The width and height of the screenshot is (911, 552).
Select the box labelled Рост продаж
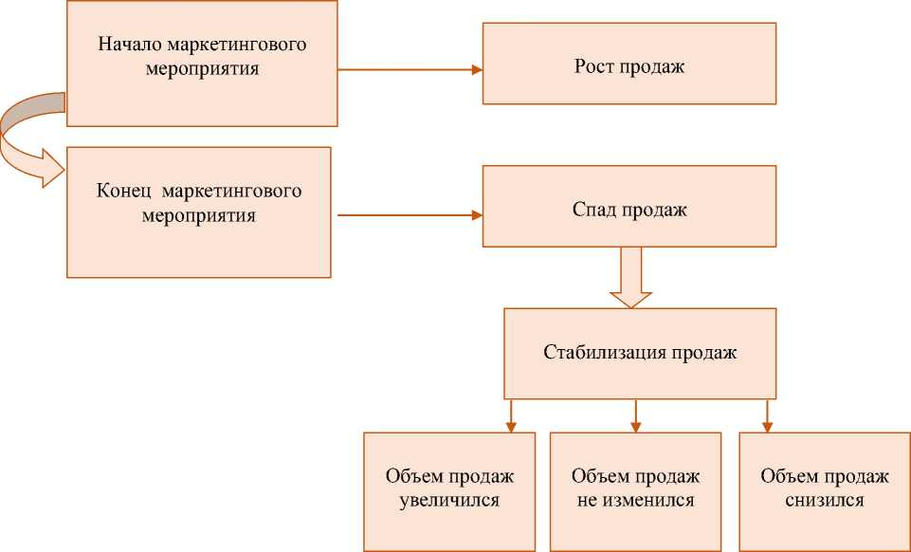(x=629, y=64)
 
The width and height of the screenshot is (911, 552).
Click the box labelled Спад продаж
(x=629, y=207)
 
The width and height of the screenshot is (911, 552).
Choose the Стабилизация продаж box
(x=640, y=353)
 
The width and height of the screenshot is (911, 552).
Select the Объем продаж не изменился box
(x=636, y=489)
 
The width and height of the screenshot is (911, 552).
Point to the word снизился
(x=825, y=501)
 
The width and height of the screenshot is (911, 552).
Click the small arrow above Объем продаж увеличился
(x=511, y=414)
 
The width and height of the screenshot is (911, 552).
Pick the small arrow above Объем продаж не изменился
(x=636, y=414)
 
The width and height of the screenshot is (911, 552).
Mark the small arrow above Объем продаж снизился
(x=766, y=414)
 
